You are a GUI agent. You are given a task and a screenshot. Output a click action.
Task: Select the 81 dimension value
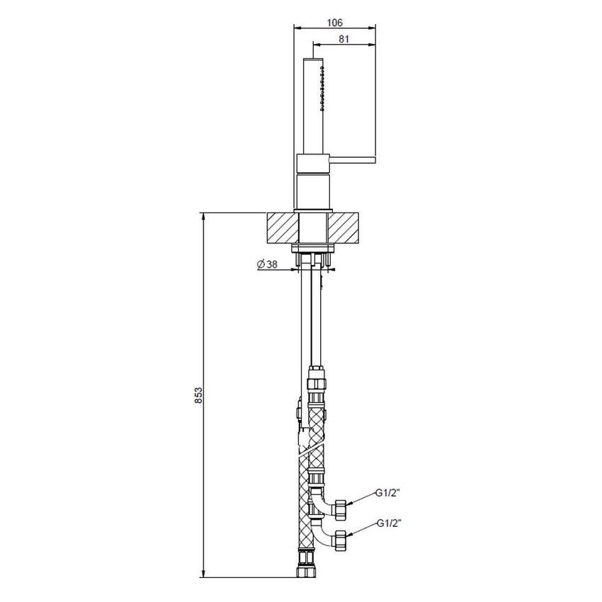[x=344, y=40]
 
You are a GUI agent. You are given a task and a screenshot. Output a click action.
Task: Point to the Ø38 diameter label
[x=267, y=264]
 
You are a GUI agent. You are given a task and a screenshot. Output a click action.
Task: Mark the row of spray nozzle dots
[x=324, y=88]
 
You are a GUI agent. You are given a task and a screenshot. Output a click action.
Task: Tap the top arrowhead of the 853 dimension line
[x=204, y=216]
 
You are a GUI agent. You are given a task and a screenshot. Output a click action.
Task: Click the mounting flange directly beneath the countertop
[x=312, y=247]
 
